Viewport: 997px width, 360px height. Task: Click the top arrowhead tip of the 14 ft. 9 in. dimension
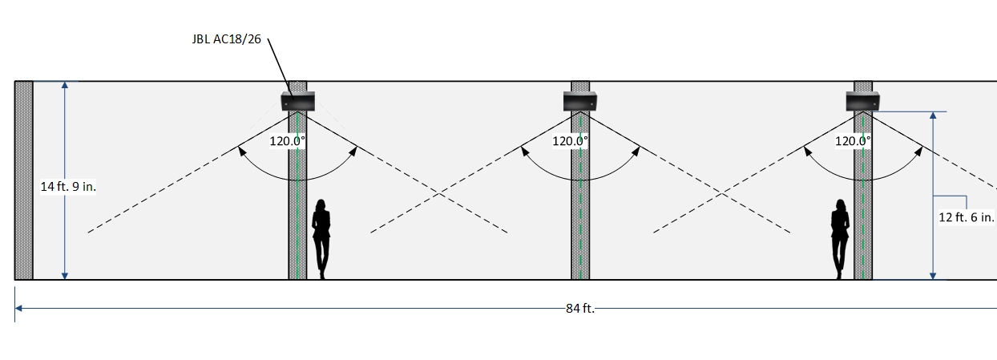(65, 82)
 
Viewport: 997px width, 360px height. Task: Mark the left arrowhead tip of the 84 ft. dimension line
(15, 308)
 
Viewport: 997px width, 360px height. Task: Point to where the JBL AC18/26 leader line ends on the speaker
(293, 98)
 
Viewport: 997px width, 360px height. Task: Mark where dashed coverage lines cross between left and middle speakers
(439, 193)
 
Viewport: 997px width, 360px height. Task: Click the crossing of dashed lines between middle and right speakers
(722, 193)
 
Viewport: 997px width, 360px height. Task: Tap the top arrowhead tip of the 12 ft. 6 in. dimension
(933, 111)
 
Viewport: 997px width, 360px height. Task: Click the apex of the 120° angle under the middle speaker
(580, 111)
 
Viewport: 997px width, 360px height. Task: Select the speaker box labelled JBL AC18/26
(298, 101)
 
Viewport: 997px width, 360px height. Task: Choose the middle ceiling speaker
(580, 101)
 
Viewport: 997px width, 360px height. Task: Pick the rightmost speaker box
(862, 101)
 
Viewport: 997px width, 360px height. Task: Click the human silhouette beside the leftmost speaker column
(321, 239)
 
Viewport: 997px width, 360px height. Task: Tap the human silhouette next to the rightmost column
(840, 239)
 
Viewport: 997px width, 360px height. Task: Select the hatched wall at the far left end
(24, 180)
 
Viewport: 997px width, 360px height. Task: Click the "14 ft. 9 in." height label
(68, 187)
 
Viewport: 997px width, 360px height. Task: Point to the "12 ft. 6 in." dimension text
(967, 217)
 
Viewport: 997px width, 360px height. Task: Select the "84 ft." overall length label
(580, 309)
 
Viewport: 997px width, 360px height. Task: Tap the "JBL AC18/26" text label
(227, 39)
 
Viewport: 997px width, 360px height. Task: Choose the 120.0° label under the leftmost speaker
(288, 141)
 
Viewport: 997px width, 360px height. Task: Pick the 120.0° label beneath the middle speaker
(570, 141)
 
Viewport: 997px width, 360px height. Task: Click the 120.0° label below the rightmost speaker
(853, 141)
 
